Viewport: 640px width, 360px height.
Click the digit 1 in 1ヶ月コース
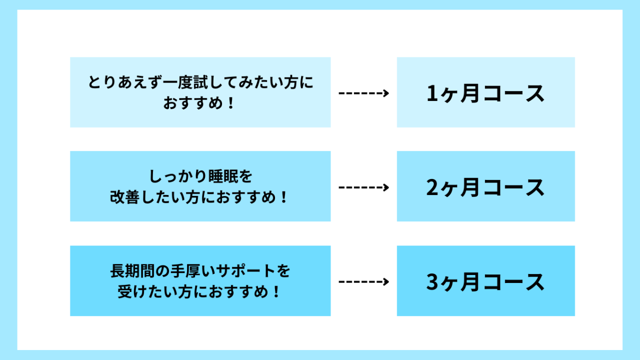[432, 93]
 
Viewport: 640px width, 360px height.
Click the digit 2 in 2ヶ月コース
[432, 187]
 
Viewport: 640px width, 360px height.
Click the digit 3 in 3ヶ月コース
[432, 281]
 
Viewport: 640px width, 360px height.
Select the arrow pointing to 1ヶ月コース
[363, 93]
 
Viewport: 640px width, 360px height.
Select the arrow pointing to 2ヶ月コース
[363, 187]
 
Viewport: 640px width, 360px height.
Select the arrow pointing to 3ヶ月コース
[363, 281]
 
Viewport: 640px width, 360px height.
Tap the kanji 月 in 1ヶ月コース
[470, 93]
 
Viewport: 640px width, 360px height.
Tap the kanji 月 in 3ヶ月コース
[470, 281]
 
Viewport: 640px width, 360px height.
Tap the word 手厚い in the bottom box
[192, 271]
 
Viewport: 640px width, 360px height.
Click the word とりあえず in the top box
[125, 82]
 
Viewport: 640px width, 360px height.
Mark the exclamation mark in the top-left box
[231, 103]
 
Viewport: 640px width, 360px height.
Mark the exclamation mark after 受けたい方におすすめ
[276, 291]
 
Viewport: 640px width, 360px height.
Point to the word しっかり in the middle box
[177, 176]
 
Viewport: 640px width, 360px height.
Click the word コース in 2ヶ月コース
[514, 187]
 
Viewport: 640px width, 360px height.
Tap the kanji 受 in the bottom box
[125, 291]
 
